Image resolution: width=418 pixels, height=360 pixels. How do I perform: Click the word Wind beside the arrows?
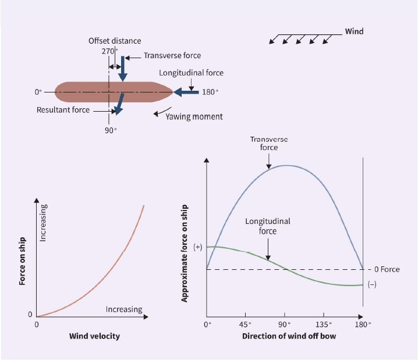point(354,31)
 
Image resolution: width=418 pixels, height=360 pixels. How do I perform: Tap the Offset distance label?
point(115,41)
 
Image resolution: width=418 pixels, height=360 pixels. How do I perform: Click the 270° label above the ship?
point(109,51)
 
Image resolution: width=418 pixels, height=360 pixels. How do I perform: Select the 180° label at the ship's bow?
point(210,92)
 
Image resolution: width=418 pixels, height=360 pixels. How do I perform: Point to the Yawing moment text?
point(194,117)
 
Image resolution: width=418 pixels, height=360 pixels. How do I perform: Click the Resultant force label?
point(63,110)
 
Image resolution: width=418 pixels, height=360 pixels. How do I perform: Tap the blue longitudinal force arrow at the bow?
point(186,92)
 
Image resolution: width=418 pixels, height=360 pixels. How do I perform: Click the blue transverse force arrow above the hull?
point(123,69)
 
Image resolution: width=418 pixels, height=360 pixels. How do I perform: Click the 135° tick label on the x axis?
point(324,325)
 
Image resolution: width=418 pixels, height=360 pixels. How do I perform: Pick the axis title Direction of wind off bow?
point(289,336)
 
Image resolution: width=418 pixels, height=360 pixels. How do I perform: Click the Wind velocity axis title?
point(94,336)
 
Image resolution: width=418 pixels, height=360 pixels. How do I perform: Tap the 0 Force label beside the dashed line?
point(387,269)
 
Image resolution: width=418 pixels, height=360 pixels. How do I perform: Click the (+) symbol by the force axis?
point(198,247)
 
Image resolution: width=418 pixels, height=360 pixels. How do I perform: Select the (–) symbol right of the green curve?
point(372,284)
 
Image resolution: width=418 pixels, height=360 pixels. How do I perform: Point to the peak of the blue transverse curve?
point(285,165)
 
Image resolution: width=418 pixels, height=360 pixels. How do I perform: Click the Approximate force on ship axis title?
point(184,254)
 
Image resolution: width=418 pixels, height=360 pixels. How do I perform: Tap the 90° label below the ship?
point(111,130)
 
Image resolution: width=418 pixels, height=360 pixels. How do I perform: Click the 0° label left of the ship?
point(38,92)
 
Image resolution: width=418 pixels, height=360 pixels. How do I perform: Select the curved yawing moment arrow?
point(161,112)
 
